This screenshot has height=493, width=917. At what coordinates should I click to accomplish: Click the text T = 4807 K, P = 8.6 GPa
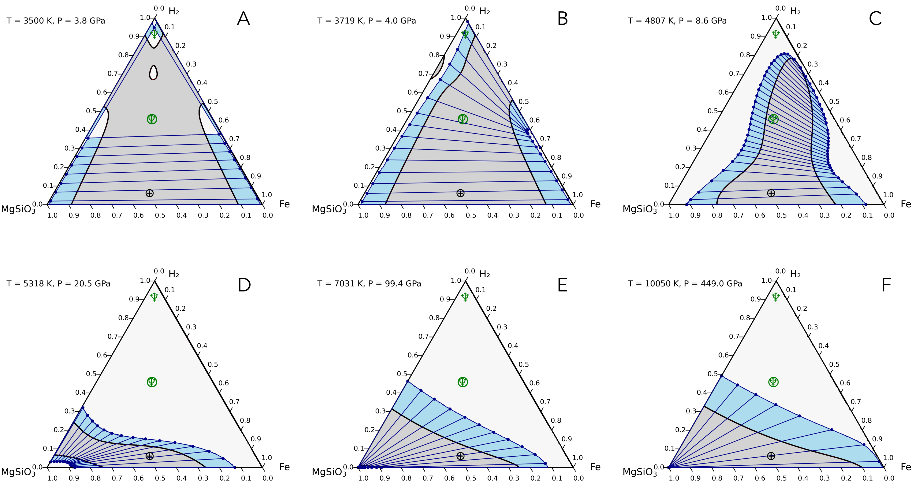click(x=677, y=21)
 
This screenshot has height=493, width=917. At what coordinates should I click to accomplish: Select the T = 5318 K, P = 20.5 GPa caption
click(x=58, y=284)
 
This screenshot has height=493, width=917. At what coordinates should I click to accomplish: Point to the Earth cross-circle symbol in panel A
click(x=150, y=193)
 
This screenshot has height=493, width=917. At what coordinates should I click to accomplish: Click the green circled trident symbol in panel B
click(x=463, y=119)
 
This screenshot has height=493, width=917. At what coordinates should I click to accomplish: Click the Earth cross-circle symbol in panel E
click(x=460, y=456)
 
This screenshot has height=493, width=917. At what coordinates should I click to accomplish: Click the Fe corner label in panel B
click(x=595, y=204)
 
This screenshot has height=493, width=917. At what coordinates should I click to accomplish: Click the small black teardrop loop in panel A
click(x=153, y=72)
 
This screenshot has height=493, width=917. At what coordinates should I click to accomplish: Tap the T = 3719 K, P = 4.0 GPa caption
click(x=366, y=21)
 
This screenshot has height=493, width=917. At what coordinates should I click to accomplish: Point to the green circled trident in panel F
click(x=773, y=382)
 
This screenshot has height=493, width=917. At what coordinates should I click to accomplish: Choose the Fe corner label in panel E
click(x=595, y=467)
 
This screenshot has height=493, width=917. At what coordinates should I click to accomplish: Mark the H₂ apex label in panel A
click(x=174, y=11)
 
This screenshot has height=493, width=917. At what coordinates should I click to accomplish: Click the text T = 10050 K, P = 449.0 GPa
click(x=685, y=284)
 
